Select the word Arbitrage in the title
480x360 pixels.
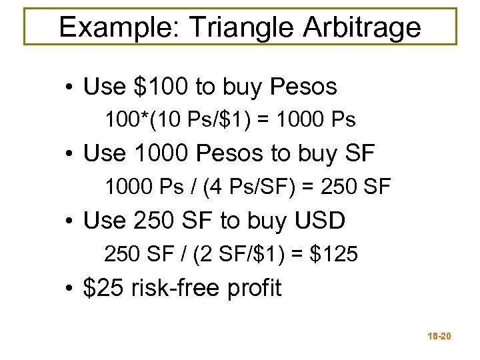pos(363,27)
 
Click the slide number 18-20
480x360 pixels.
pos(437,337)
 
